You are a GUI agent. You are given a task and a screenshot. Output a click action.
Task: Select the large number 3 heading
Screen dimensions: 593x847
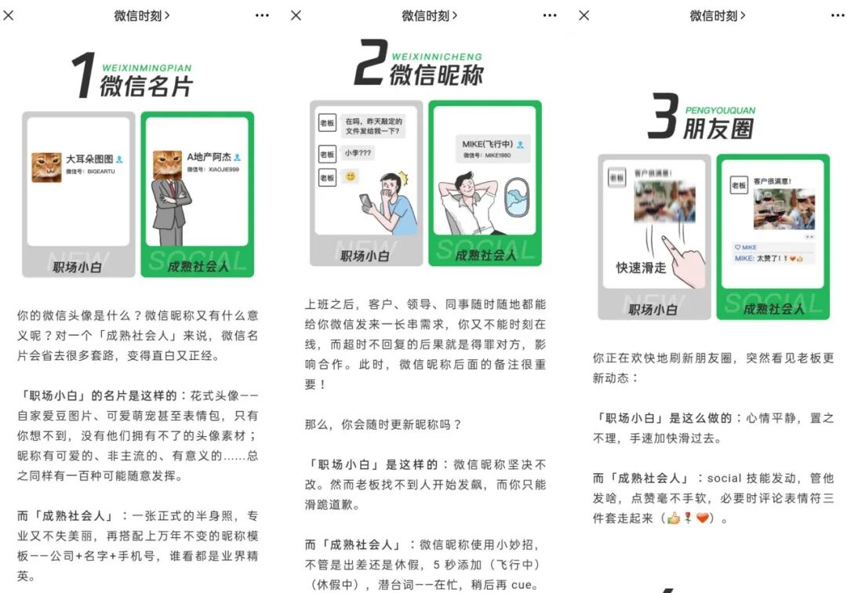pyautogui.click(x=663, y=120)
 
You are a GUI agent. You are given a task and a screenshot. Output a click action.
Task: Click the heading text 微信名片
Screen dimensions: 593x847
pyautogui.click(x=146, y=85)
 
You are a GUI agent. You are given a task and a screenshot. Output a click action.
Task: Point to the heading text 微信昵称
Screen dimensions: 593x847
pyautogui.click(x=436, y=74)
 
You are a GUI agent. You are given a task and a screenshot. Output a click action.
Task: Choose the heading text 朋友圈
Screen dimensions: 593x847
pyautogui.click(x=718, y=128)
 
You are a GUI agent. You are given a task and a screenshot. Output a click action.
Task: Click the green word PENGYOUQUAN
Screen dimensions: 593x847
pyautogui.click(x=720, y=111)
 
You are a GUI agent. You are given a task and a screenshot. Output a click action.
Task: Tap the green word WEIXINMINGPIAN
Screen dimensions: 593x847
pyautogui.click(x=147, y=68)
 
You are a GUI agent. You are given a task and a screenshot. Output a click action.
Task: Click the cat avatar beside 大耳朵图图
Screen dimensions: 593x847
pyautogui.click(x=46, y=167)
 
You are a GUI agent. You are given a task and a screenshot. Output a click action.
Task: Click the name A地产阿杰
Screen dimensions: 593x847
pyautogui.click(x=209, y=158)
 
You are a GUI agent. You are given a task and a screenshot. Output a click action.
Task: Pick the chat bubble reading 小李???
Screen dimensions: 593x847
pyautogui.click(x=358, y=153)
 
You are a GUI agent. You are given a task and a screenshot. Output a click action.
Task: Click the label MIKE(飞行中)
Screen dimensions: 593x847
pyautogui.click(x=487, y=145)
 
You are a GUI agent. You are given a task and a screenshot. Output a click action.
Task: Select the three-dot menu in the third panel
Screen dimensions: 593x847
pyautogui.click(x=838, y=15)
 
